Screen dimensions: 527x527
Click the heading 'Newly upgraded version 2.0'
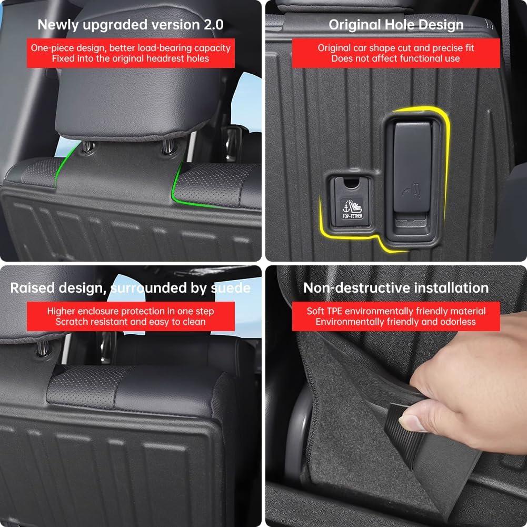point(131,25)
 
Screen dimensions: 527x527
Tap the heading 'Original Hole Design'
point(396,25)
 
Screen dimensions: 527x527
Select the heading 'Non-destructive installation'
point(396,288)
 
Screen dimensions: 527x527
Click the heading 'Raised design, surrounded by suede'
point(131,288)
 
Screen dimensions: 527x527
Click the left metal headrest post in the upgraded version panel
point(87,146)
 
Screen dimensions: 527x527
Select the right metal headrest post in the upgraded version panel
point(168,146)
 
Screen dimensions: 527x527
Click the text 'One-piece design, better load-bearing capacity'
point(131,48)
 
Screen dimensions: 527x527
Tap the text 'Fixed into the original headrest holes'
point(131,58)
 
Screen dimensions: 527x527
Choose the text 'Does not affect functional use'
point(396,58)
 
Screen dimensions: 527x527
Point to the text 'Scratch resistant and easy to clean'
point(131,322)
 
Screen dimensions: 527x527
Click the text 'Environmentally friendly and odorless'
point(396,322)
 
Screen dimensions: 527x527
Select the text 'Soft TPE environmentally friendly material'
point(396,311)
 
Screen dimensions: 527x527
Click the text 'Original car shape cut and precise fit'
point(396,48)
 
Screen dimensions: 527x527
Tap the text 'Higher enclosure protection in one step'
point(131,311)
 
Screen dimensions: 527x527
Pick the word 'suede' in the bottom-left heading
point(231,288)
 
